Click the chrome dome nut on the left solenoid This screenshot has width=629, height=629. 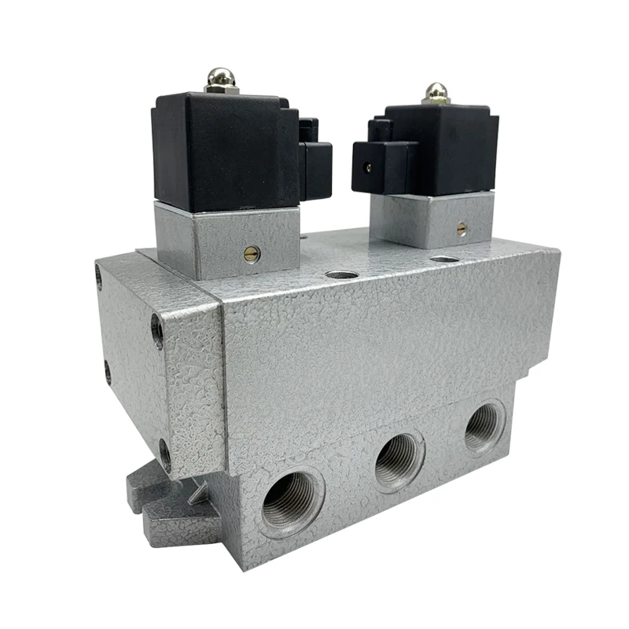(218, 79)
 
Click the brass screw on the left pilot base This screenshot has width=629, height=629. (251, 253)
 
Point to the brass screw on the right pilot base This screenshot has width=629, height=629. (462, 229)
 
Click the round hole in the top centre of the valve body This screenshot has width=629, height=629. (340, 276)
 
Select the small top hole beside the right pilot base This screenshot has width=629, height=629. (444, 259)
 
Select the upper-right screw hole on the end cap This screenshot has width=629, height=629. (157, 331)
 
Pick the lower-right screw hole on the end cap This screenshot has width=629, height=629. (164, 454)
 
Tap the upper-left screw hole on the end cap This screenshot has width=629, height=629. (99, 276)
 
